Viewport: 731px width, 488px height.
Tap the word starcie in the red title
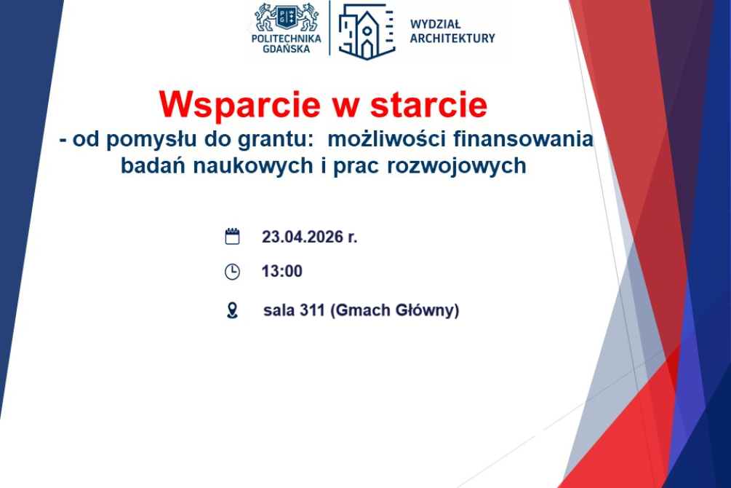click(429, 105)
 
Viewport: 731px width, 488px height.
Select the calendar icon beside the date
click(232, 236)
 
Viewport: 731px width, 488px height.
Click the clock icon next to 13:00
click(232, 272)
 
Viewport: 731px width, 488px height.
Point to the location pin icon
click(232, 310)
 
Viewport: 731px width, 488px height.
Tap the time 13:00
click(282, 272)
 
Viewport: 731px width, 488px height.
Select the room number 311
click(312, 310)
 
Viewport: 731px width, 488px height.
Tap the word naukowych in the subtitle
click(253, 166)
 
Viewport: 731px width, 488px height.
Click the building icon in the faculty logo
click(366, 31)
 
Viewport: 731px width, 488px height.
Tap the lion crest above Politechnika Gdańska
click(287, 17)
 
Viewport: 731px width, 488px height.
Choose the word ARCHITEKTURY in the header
click(452, 39)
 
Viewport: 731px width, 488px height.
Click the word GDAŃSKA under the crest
click(287, 49)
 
